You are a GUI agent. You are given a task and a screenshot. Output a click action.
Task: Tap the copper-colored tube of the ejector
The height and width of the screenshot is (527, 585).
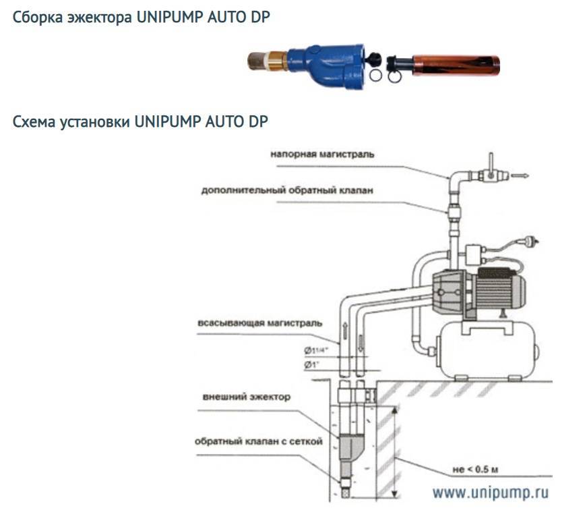tap(456, 65)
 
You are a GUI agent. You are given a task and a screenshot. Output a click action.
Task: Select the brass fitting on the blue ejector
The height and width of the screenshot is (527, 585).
tap(277, 61)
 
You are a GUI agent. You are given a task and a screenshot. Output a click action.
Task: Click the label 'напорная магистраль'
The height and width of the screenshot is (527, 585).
tap(322, 155)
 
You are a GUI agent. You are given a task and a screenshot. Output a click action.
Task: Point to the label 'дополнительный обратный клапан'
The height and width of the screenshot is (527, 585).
tap(287, 190)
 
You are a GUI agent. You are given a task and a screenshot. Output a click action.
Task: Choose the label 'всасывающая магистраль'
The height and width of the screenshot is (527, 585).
tap(259, 323)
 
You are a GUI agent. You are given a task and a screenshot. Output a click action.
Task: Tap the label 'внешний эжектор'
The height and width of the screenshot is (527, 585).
tap(246, 397)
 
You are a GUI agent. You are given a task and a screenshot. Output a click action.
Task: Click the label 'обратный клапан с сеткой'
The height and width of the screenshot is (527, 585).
tap(258, 441)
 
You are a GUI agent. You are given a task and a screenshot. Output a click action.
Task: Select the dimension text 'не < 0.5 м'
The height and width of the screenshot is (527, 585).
tap(475, 470)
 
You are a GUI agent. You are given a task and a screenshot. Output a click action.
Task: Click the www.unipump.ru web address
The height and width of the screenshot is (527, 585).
tap(491, 493)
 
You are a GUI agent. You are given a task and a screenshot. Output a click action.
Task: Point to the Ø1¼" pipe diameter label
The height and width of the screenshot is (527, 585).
tap(315, 350)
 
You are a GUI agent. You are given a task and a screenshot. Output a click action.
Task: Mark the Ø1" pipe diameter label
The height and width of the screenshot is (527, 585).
tap(311, 365)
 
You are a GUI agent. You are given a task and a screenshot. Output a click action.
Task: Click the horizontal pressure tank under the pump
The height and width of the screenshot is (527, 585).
tap(488, 350)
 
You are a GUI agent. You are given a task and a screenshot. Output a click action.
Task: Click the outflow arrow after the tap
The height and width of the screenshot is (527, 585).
tap(520, 175)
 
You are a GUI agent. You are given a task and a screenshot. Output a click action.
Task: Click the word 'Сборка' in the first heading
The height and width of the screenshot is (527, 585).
tap(38, 18)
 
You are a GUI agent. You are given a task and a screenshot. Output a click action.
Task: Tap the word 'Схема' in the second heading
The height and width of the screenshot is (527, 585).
tap(34, 121)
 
